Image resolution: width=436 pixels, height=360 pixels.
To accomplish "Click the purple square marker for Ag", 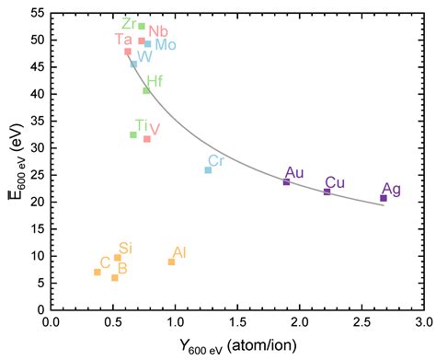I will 384,198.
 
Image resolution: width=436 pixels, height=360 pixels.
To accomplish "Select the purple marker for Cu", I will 327,192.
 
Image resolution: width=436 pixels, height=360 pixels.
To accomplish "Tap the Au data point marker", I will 286,181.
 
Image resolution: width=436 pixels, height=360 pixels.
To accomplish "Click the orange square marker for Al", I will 171,261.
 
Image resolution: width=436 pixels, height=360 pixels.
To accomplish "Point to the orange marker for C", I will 98,272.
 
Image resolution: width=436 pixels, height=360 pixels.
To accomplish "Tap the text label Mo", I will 166,44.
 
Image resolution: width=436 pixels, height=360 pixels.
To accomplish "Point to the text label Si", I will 126,248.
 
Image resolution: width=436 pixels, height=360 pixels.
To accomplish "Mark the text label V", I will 155,129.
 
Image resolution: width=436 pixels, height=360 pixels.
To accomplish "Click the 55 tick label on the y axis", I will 36,14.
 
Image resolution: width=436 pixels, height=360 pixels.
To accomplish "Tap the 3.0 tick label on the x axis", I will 423,322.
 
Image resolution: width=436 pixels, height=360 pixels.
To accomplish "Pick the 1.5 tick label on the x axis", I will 237,322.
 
